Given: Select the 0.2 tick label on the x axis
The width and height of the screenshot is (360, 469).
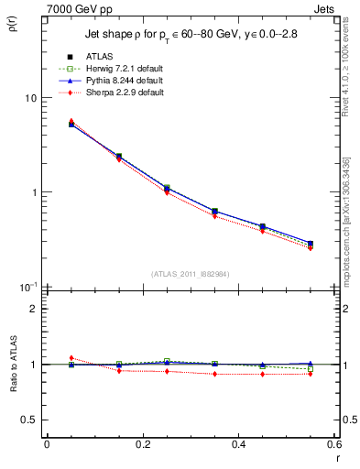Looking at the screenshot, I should [x=142, y=444].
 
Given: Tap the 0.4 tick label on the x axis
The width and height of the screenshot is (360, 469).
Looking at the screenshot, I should [x=238, y=444].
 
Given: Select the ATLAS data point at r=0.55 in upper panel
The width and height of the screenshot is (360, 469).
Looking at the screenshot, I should [x=311, y=244].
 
